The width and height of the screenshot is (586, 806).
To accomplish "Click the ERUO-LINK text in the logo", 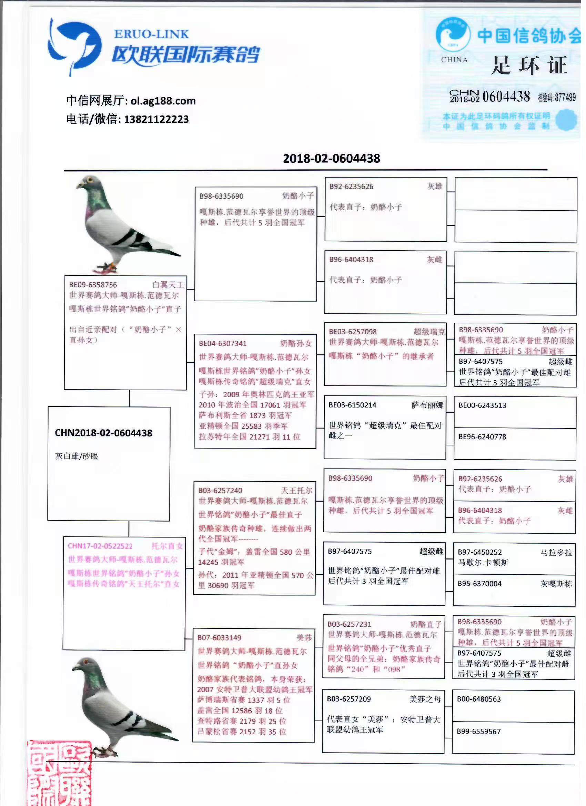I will [x=151, y=34].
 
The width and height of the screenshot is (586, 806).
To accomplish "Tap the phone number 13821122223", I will [x=156, y=119].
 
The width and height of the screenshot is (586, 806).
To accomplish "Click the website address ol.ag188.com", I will [x=163, y=101].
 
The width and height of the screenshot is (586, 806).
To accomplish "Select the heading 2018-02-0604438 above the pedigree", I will [x=331, y=159].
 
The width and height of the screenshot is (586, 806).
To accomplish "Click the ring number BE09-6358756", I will [x=93, y=285].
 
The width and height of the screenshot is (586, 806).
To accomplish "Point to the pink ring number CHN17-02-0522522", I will [x=100, y=546].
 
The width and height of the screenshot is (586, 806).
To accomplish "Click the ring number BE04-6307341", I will [x=222, y=343].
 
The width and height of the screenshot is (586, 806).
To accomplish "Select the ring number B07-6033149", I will [x=219, y=637].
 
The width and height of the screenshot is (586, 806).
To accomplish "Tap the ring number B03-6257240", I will [x=220, y=491].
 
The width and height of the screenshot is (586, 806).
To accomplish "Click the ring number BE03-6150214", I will [x=352, y=405].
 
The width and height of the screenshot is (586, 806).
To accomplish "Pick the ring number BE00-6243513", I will [x=482, y=405].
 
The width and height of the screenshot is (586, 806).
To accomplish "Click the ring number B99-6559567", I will [x=479, y=732].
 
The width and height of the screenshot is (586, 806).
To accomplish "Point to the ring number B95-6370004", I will [x=479, y=584].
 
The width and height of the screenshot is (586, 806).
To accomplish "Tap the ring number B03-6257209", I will [x=348, y=699].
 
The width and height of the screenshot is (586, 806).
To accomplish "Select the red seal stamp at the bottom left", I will [x=59, y=773].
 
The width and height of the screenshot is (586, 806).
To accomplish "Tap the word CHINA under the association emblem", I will [x=454, y=60].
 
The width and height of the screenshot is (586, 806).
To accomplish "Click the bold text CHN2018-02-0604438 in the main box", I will [x=103, y=433].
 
